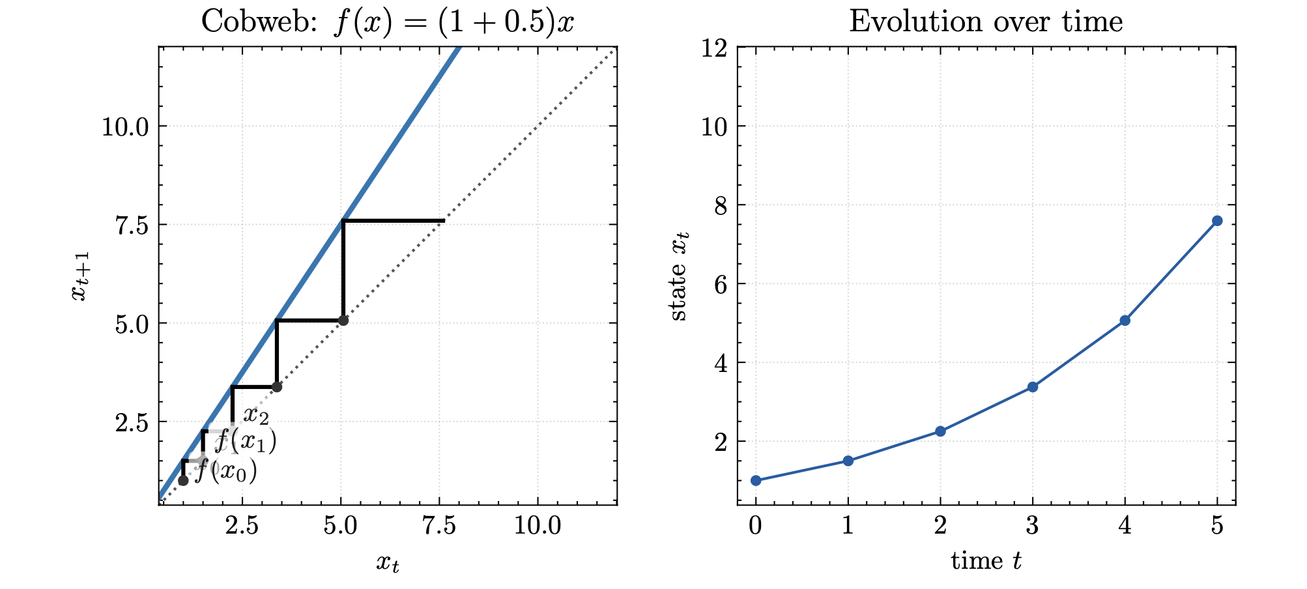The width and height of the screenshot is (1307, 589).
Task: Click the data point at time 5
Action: pyautogui.click(x=1217, y=221)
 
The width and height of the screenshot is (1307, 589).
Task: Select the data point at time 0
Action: pyautogui.click(x=756, y=481)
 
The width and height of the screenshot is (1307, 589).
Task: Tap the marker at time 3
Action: pyautogui.click(x=1033, y=387)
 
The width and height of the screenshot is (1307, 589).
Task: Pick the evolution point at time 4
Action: pyautogui.click(x=1125, y=321)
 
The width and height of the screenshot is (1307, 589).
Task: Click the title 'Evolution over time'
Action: pyautogui.click(x=986, y=22)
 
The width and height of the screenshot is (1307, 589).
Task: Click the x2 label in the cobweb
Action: pyautogui.click(x=256, y=415)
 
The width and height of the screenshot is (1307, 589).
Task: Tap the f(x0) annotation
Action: pyautogui.click(x=226, y=470)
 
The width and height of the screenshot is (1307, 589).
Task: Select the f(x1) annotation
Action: pyautogui.click(x=245, y=441)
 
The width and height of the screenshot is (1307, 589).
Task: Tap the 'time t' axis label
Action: pyautogui.click(x=986, y=561)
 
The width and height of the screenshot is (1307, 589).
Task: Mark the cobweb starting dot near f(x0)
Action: pyautogui.click(x=183, y=481)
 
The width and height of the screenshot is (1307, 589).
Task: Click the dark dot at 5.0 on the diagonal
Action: pyautogui.click(x=343, y=321)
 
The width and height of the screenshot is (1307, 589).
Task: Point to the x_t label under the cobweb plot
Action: pyautogui.click(x=388, y=563)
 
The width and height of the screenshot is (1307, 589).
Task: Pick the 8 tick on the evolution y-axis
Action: pyautogui.click(x=720, y=205)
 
